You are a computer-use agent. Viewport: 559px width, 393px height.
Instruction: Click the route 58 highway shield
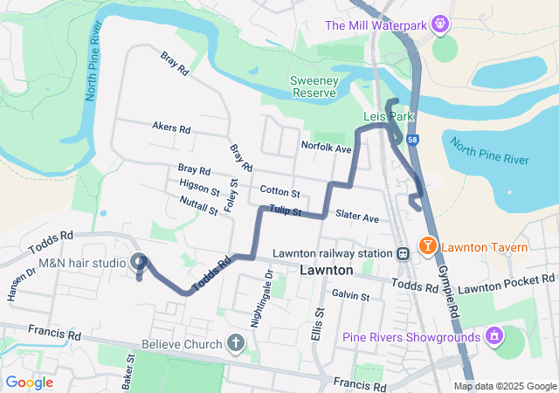[411, 139]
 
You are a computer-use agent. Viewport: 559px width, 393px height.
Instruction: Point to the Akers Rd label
[170, 128]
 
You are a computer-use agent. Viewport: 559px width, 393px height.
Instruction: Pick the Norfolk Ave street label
[325, 148]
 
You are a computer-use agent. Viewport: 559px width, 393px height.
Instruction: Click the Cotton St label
[279, 191]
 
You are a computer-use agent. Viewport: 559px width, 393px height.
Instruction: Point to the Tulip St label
[285, 210]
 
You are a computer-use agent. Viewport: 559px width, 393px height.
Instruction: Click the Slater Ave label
[357, 216]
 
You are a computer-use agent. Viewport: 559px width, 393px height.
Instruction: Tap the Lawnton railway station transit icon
[403, 253]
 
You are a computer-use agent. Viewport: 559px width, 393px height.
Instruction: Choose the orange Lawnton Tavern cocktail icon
[428, 247]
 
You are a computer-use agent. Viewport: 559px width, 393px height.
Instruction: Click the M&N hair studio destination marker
[139, 261]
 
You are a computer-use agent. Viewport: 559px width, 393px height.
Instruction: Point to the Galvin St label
[350, 296]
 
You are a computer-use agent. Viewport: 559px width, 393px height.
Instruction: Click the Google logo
[29, 383]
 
